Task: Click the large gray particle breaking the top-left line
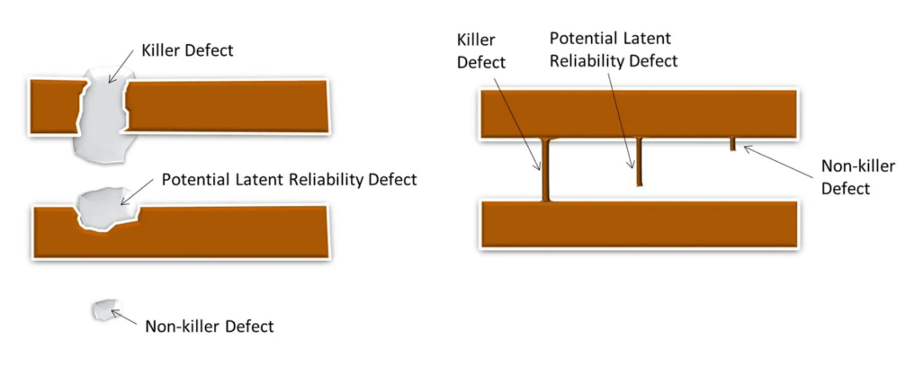tap(103, 114)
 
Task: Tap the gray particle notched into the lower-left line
tap(109, 208)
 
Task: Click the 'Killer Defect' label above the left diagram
tap(188, 50)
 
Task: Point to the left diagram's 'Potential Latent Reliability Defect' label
tap(289, 180)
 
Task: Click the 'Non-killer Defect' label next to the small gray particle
tap(209, 327)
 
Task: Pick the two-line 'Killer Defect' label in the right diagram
tap(481, 50)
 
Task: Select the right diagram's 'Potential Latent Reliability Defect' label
tap(613, 49)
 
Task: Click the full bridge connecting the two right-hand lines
tap(545, 170)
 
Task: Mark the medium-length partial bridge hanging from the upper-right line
tap(639, 162)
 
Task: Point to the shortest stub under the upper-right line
tap(732, 144)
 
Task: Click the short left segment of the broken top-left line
tap(57, 107)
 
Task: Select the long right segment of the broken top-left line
tap(227, 106)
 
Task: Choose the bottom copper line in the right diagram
tap(640, 225)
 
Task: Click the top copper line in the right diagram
tap(640, 114)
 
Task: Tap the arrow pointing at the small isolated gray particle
tap(124, 317)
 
